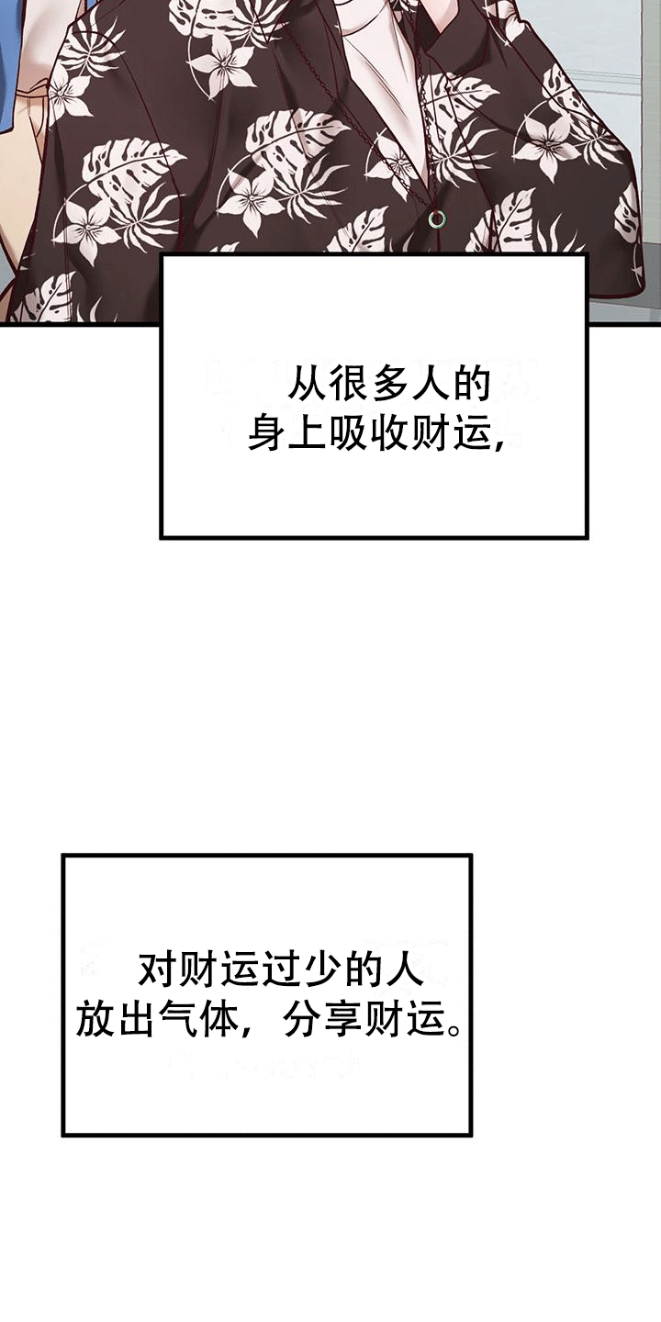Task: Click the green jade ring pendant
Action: (437, 219)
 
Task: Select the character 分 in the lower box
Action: (300, 1019)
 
